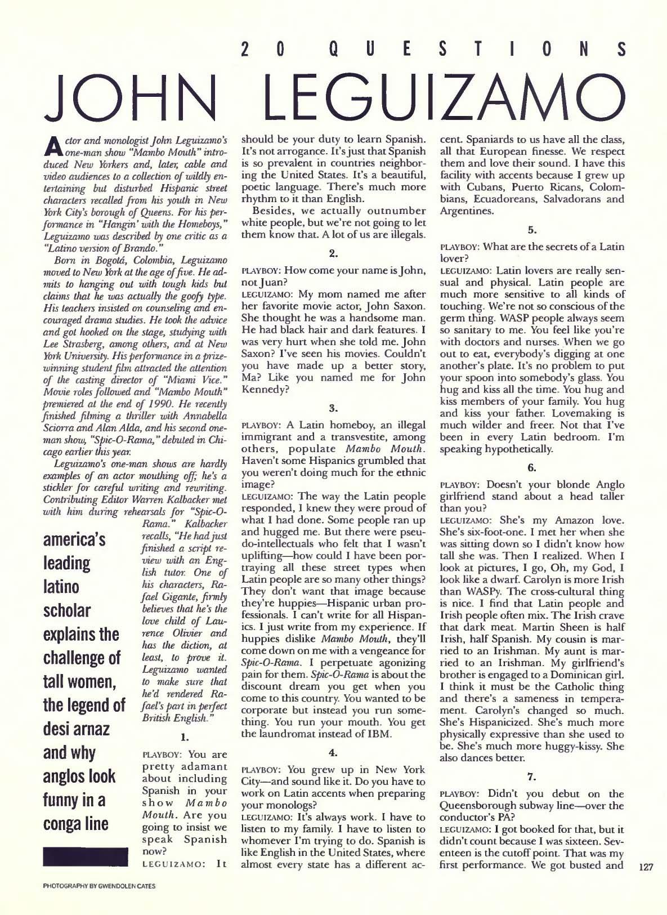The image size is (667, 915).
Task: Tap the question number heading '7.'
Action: click(532, 776)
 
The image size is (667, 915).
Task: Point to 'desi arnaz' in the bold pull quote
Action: click(78, 729)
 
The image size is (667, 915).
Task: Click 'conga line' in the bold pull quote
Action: click(76, 824)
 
